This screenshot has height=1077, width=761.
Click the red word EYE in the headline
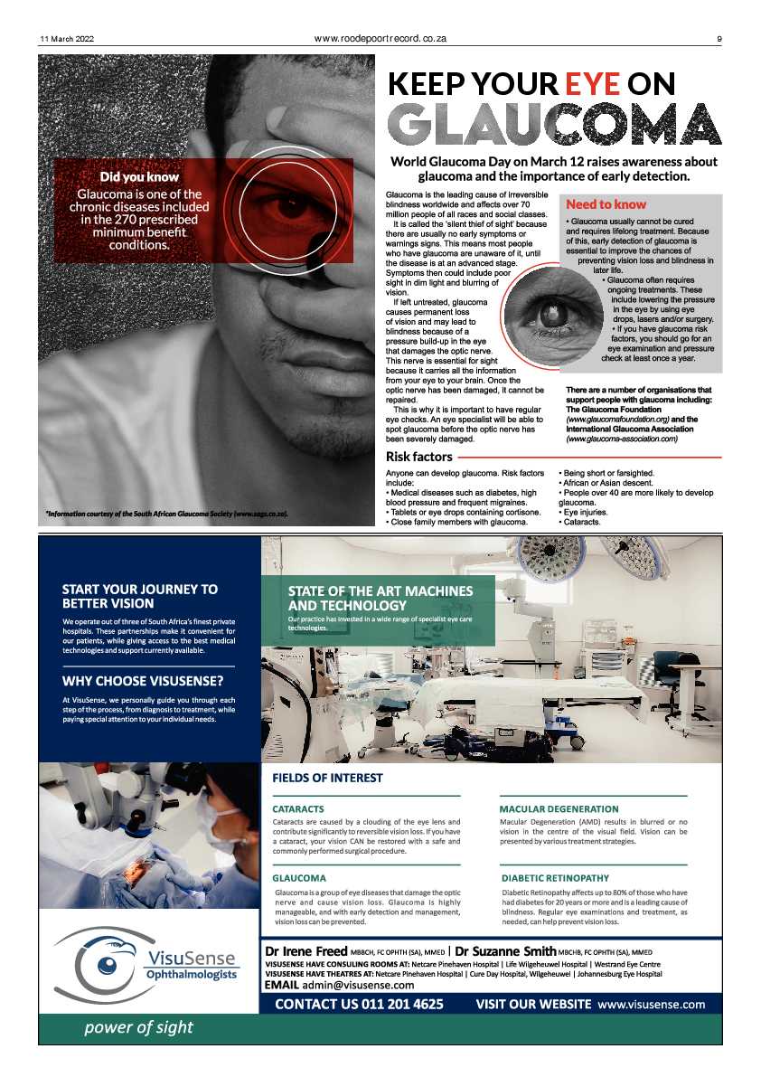point(593,84)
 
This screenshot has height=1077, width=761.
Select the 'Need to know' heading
point(606,205)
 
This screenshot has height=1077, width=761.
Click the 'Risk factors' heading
point(419,457)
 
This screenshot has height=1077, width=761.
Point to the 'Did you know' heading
point(139,178)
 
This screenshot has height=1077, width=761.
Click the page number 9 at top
point(719,39)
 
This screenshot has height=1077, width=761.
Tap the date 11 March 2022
point(67,39)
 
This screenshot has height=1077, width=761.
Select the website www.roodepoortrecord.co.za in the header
point(380,39)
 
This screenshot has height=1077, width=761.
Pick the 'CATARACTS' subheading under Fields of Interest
point(298,808)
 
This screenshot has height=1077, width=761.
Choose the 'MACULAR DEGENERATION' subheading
point(559,808)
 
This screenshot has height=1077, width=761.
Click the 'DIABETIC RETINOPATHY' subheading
point(555,877)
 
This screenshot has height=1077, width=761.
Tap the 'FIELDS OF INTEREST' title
point(327,778)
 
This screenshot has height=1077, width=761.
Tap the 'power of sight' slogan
point(138,1027)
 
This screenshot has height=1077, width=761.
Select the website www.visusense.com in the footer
point(651,1004)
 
